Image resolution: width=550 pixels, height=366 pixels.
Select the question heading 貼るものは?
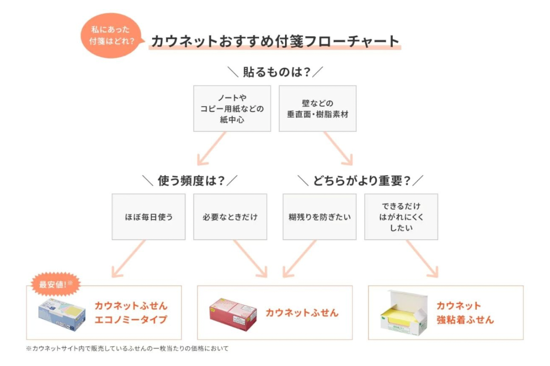pyautogui.click(x=275, y=72)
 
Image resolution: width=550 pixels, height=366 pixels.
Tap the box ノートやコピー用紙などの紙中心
pyautogui.click(x=232, y=108)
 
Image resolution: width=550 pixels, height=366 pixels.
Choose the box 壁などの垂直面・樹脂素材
pyautogui.click(x=318, y=108)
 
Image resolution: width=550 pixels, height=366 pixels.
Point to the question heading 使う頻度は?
pyautogui.click(x=191, y=181)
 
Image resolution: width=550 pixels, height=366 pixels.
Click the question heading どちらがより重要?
pyautogui.click(x=361, y=181)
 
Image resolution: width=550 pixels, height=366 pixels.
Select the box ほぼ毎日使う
pyautogui.click(x=148, y=216)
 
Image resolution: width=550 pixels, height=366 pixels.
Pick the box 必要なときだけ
pyautogui.click(x=230, y=216)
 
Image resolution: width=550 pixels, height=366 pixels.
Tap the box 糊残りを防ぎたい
pyautogui.click(x=319, y=216)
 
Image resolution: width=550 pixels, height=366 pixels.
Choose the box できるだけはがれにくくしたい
pyautogui.click(x=401, y=216)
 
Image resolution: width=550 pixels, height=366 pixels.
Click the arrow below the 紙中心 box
pyautogui.click(x=212, y=149)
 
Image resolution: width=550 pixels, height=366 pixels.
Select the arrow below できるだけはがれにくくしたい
pyautogui.click(x=422, y=258)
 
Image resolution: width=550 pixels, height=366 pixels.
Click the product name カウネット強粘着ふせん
pyautogui.click(x=465, y=312)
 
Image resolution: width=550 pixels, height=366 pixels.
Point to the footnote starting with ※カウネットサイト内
pyautogui.click(x=127, y=349)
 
